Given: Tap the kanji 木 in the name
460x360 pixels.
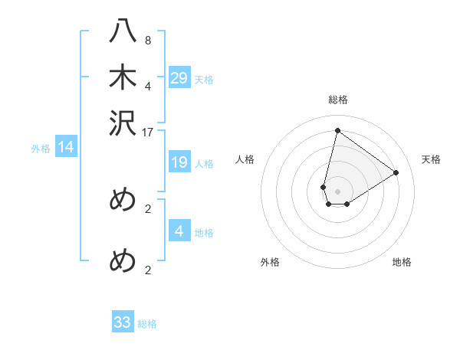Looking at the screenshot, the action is pyautogui.click(x=123, y=79).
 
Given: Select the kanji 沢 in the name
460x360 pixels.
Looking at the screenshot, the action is pyautogui.click(x=123, y=124).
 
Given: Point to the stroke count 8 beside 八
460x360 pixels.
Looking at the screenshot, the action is pyautogui.click(x=148, y=41).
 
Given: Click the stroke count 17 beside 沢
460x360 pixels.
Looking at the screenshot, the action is pyautogui.click(x=148, y=132).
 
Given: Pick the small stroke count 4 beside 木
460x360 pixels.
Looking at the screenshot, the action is pyautogui.click(x=148, y=86).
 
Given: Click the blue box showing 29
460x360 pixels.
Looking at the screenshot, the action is pyautogui.click(x=179, y=77).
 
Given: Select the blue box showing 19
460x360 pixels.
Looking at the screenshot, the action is pyautogui.click(x=179, y=162).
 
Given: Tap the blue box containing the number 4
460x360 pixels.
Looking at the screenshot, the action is pyautogui.click(x=179, y=231).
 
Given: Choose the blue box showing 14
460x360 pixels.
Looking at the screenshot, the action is pyautogui.click(x=66, y=148).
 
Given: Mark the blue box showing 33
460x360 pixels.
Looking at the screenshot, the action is pyautogui.click(x=123, y=322).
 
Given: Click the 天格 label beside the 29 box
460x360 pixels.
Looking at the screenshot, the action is pyautogui.click(x=204, y=80).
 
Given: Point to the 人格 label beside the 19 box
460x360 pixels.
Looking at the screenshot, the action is pyautogui.click(x=204, y=164).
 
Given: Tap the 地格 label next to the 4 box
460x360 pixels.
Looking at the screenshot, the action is pyautogui.click(x=204, y=233).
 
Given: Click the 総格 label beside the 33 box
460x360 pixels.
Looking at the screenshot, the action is pyautogui.click(x=147, y=324).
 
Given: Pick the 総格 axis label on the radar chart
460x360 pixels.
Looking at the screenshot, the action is pyautogui.click(x=338, y=100).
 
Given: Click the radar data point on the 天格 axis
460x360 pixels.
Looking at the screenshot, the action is pyautogui.click(x=396, y=172).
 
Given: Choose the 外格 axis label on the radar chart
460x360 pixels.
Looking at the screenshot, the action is pyautogui.click(x=270, y=262).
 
